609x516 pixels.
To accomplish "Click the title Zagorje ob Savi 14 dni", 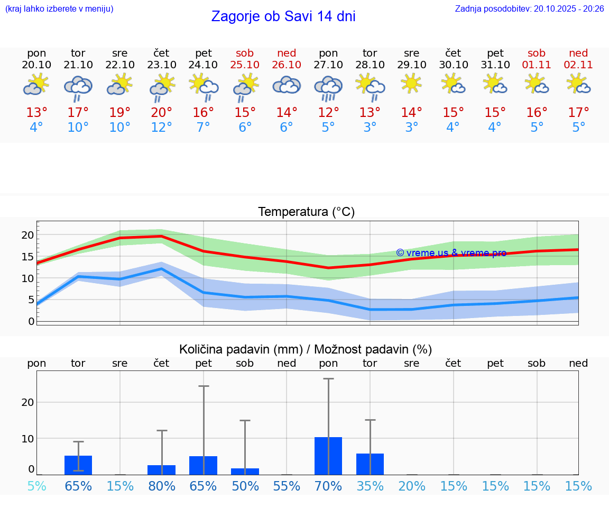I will pos(283,16).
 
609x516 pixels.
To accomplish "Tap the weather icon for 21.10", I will pos(78,88).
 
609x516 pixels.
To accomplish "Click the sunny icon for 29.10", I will pos(411,84).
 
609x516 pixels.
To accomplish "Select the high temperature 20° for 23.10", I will pos(161,113).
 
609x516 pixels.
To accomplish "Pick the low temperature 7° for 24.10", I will pos(203,128).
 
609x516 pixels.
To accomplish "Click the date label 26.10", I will pos(287,65).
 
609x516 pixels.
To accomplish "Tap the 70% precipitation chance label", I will pos(328,486).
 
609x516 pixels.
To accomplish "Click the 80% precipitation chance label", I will pos(162,486).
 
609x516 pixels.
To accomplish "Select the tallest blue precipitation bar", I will pos(328,456).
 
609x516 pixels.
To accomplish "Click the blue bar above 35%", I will pos(370,464).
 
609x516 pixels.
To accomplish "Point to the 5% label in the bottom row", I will pos(36,486).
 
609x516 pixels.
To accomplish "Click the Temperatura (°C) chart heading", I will pos(306,212).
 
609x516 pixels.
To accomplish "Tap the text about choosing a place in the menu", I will pos(59,8).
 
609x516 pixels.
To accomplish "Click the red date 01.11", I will pos(537,65).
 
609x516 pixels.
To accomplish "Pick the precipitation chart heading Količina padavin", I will pos(306,349).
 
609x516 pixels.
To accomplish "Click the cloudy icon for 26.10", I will pos(287,85).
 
